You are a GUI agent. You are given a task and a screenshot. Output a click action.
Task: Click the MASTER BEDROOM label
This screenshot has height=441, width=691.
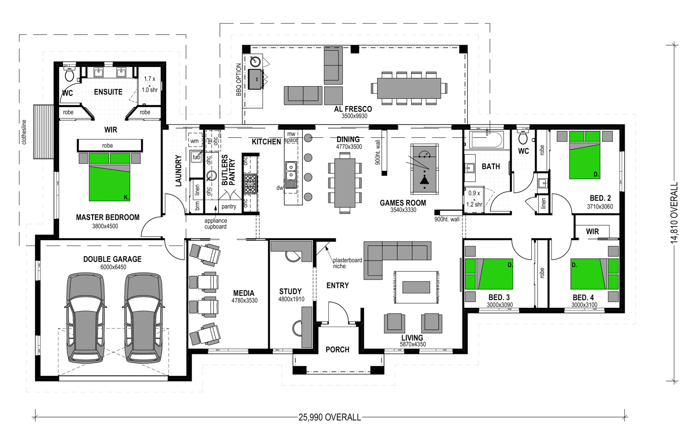(x=108, y=217)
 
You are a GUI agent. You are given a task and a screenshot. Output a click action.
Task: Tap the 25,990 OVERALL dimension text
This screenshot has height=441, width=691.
(x=329, y=417)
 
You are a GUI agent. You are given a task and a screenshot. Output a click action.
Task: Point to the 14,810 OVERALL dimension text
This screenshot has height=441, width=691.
(x=674, y=212)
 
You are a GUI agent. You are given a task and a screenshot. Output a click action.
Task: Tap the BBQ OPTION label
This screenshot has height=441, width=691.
(x=239, y=80)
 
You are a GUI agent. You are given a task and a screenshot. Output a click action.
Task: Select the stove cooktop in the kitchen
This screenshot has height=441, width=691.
(x=251, y=183)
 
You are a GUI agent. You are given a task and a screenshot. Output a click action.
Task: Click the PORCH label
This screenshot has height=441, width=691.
(x=338, y=349)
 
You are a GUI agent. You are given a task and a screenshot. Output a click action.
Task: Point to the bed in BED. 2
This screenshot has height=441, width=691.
(x=585, y=155)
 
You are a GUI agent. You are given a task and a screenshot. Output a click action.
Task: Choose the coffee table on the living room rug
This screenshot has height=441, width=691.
(x=416, y=287)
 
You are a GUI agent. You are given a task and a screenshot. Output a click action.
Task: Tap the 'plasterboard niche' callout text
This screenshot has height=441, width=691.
(x=347, y=263)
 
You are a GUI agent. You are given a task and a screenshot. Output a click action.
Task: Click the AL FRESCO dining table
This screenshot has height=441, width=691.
(x=409, y=88)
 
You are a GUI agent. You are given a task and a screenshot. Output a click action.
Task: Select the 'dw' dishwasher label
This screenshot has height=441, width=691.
(x=280, y=188)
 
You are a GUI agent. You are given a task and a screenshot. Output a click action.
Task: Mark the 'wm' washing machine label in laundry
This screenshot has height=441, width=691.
(x=195, y=141)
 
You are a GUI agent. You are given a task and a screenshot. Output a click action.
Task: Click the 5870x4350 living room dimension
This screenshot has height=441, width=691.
(x=413, y=344)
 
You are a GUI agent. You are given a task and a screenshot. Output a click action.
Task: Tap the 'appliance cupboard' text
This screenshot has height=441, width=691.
(x=216, y=223)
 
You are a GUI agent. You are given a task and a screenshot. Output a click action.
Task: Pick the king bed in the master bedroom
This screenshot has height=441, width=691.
(x=110, y=177)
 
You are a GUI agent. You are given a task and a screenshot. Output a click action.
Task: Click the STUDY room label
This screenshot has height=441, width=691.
(x=290, y=291)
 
